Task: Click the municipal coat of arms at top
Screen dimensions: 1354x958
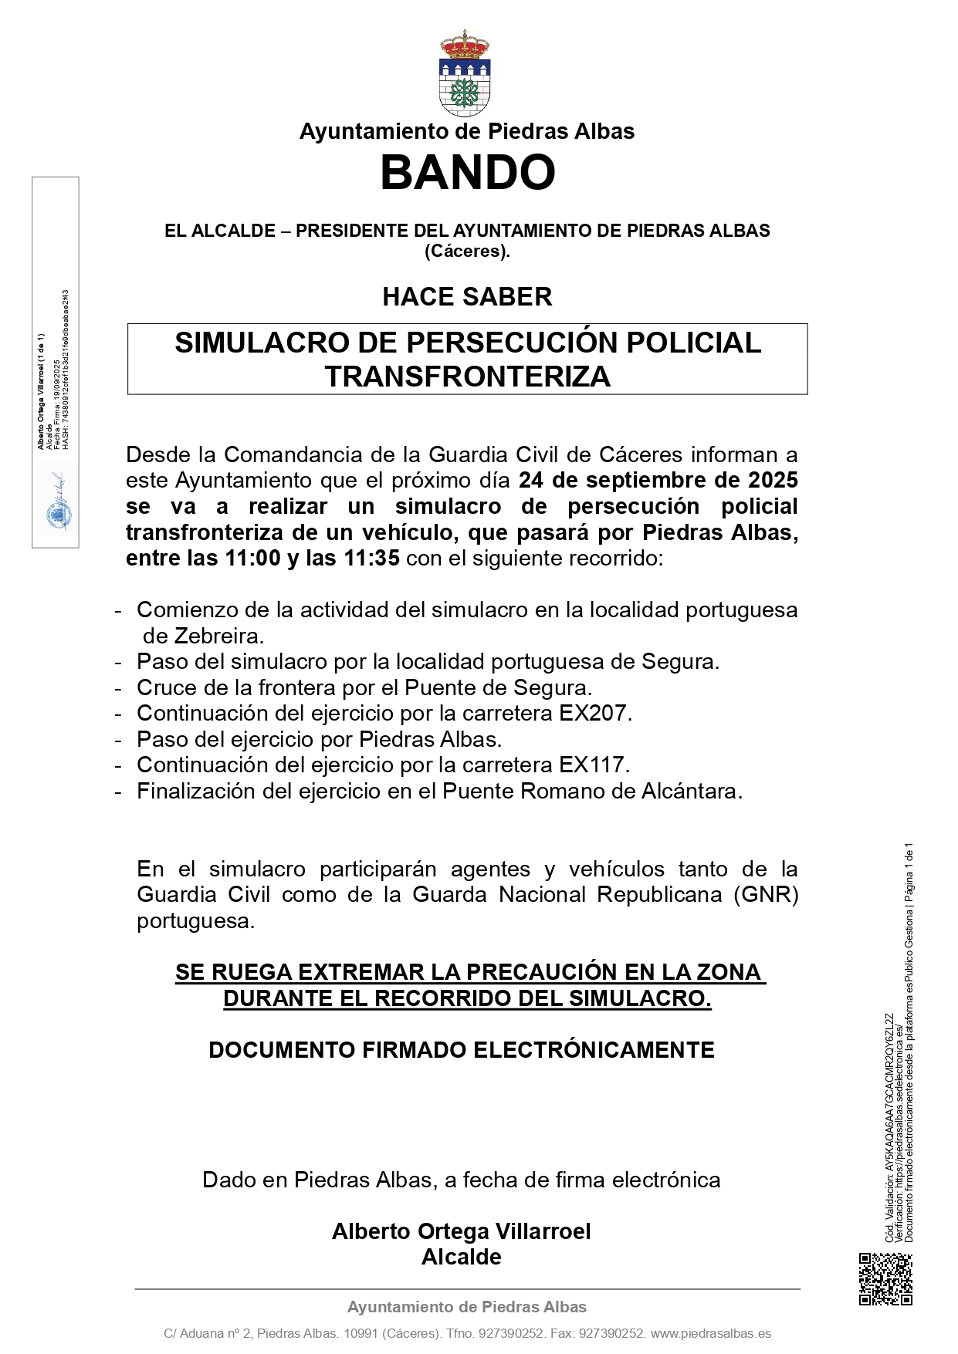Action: pos(465,73)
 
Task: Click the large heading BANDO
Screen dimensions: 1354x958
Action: pos(467,172)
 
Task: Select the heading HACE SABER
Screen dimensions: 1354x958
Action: pos(467,297)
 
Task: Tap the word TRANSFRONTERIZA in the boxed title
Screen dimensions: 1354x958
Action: pos(467,376)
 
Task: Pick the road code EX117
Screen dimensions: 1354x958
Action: pos(594,765)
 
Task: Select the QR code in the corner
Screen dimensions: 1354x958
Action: pos(885,1278)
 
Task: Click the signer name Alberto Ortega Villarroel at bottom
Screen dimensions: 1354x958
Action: pos(461,1231)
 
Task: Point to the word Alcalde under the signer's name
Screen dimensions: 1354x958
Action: pos(461,1257)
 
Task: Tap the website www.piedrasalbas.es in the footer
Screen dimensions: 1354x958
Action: pos(711,1333)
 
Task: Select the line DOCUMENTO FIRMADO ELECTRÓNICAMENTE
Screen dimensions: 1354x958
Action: pos(461,1050)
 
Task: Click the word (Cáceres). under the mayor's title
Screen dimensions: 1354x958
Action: pos(467,251)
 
